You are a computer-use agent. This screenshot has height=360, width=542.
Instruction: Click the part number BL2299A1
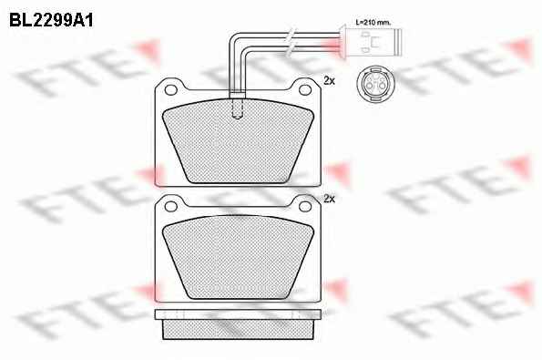pos(51,20)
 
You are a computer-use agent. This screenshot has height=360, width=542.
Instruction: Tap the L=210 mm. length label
pos(373,23)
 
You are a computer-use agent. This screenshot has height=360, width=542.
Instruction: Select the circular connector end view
pos(373,84)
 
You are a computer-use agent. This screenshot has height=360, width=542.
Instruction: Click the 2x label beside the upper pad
pos(330,81)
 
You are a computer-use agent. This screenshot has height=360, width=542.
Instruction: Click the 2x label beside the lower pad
pos(330,199)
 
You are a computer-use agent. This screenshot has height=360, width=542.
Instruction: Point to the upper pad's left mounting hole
pos(170,89)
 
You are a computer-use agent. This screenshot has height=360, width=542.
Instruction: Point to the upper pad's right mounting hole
pos(305,89)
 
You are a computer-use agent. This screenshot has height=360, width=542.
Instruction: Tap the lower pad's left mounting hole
pos(170,207)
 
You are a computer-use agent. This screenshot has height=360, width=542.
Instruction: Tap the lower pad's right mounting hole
pos(305,207)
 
